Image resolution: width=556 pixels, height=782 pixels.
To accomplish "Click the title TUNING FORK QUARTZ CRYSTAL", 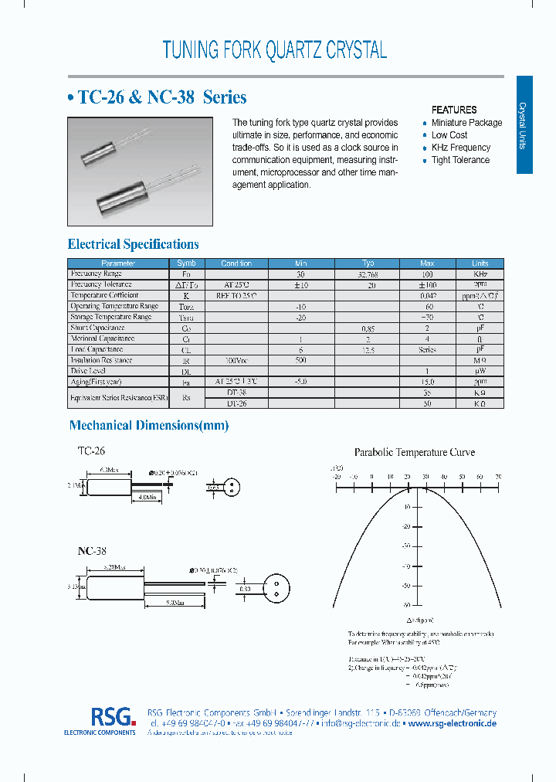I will (274, 50).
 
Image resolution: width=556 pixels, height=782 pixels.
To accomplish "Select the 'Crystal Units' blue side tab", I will (524, 125).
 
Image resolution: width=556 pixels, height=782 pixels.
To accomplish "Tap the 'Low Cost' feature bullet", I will (449, 135).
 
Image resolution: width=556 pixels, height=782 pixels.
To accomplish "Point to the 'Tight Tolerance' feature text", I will (460, 160).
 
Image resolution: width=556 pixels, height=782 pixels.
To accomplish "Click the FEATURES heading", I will (453, 110).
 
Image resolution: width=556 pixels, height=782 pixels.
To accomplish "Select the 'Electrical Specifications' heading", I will (134, 244).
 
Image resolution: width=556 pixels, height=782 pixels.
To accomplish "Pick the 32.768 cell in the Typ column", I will (368, 274).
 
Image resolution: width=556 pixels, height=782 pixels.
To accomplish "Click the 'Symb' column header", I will (186, 263).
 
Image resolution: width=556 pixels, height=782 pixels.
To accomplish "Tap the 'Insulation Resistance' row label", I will (101, 360).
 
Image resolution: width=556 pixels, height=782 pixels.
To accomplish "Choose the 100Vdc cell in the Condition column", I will (236, 360).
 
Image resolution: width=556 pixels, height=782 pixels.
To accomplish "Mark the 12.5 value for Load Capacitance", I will (368, 349).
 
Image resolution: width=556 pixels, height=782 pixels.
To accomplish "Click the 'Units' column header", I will (480, 263).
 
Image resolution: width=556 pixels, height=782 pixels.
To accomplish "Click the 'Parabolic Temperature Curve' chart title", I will (414, 452).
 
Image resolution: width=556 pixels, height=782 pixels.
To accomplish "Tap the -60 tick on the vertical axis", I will (405, 605).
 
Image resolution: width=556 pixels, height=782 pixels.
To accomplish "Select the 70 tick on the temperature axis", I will (497, 477).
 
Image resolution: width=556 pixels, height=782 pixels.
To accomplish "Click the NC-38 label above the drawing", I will (92, 551).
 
